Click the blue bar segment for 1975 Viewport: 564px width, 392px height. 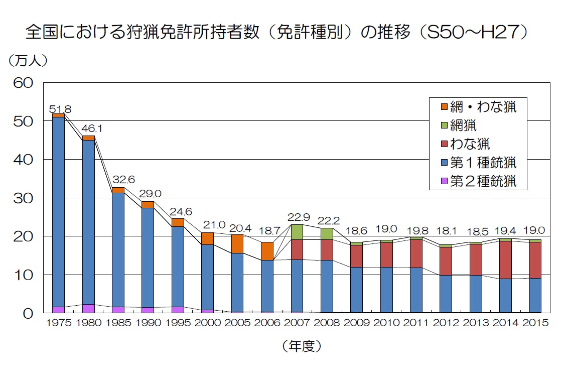[58, 211]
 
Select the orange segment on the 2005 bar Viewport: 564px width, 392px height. [237, 244]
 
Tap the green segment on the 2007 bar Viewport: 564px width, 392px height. [297, 232]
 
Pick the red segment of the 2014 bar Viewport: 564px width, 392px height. [505, 260]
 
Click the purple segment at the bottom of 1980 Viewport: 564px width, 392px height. [88, 309]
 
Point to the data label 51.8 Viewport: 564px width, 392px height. [61, 109]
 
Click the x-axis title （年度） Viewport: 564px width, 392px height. [302, 346]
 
